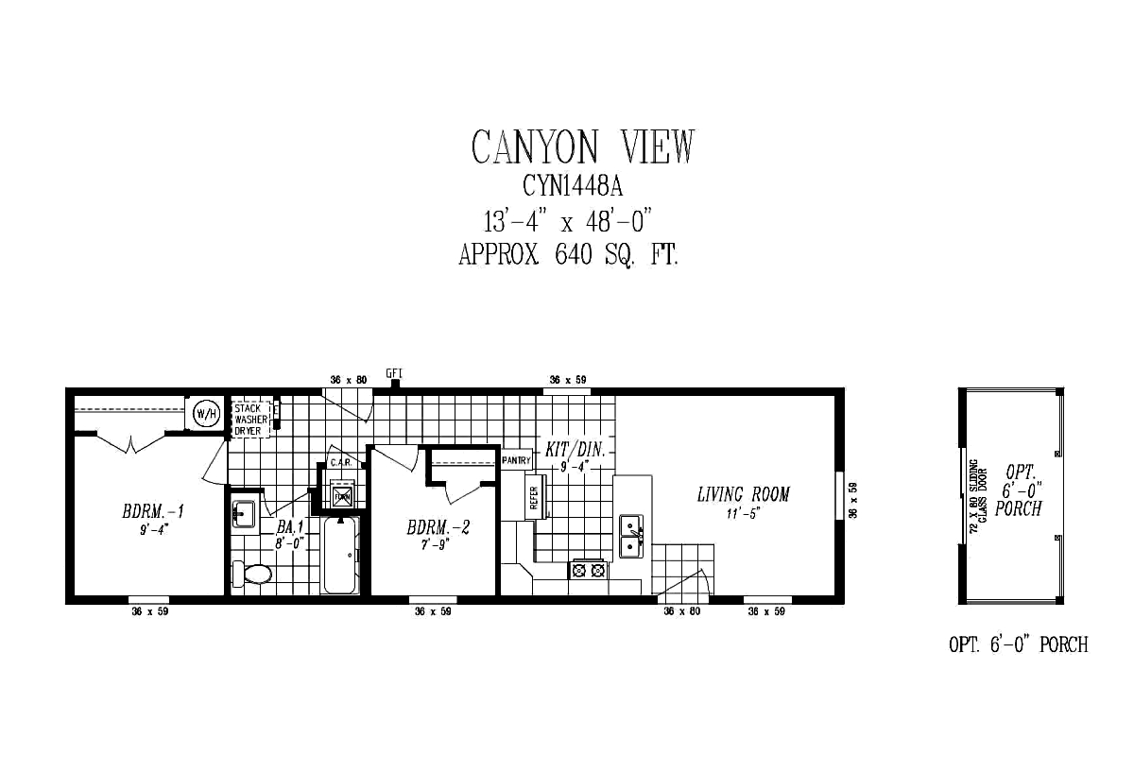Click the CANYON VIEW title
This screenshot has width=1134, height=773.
[582, 146]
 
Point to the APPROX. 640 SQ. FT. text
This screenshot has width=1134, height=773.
[568, 254]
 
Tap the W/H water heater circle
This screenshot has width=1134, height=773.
[206, 413]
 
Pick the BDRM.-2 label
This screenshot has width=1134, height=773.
[438, 526]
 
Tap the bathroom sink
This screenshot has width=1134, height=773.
[244, 515]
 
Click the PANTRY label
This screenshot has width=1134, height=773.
[517, 460]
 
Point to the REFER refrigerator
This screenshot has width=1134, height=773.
[534, 498]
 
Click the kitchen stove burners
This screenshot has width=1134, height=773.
[588, 570]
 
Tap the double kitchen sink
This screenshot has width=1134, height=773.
[631, 537]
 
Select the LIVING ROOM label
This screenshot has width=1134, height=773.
[743, 494]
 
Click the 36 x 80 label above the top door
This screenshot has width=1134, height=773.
[348, 379]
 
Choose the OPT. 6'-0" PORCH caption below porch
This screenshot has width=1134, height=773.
[1018, 645]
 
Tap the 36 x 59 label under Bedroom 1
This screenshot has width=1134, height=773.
[149, 612]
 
